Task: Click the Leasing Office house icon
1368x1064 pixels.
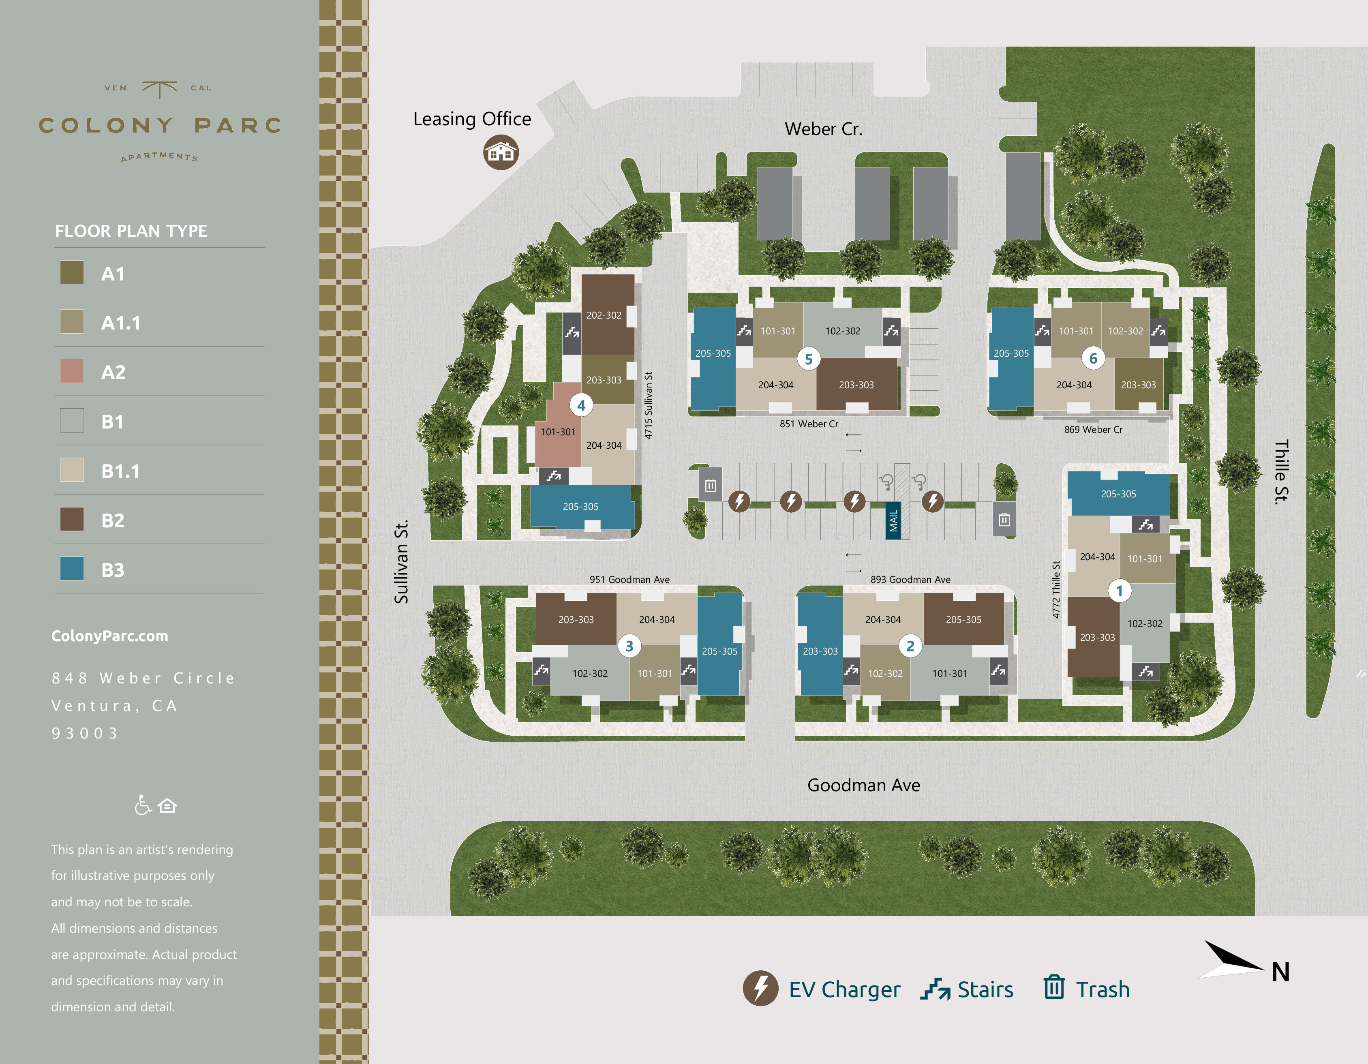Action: pos(501,152)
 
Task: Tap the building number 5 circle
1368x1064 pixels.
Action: pos(808,359)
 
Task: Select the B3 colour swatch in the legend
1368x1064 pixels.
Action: pos(72,569)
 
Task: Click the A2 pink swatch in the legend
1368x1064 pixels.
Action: pos(72,371)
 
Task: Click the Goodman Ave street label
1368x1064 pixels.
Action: pos(863,785)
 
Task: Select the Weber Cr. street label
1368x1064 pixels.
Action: pos(823,129)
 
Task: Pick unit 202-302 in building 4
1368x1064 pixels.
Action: pos(604,315)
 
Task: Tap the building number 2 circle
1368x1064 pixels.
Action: pos(910,646)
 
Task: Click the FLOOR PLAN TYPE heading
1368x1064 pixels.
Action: pos(131,231)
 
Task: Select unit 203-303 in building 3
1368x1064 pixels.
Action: pos(576,619)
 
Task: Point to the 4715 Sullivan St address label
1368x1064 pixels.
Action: pos(648,405)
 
